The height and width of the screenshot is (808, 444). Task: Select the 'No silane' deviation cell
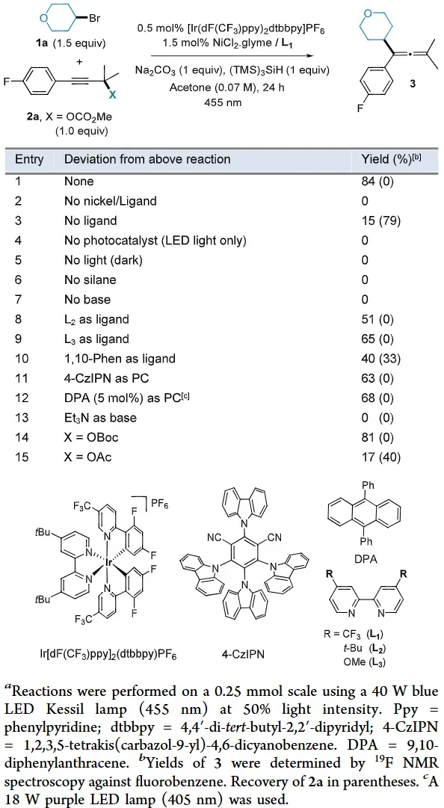point(90,280)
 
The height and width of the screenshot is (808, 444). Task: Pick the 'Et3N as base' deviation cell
point(100,417)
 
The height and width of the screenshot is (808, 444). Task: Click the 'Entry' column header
point(29,158)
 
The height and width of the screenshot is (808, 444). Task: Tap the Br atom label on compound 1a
point(95,19)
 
